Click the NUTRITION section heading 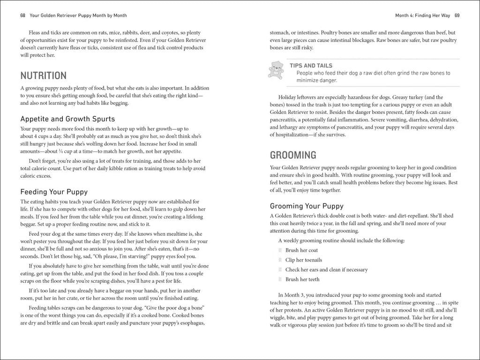click(x=44, y=75)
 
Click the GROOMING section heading click(x=293, y=155)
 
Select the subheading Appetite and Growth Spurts click(x=67, y=119)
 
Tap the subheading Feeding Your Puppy click(x=54, y=192)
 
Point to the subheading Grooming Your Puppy click(x=307, y=206)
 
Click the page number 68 click(x=22, y=15)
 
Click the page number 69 click(x=457, y=15)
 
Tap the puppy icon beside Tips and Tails click(x=276, y=70)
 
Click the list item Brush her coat click(x=302, y=250)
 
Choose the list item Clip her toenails click(x=303, y=260)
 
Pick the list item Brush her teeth click(x=302, y=279)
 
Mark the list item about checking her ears click(x=326, y=270)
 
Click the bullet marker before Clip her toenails click(x=280, y=260)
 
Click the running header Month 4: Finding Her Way click(x=423, y=15)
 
